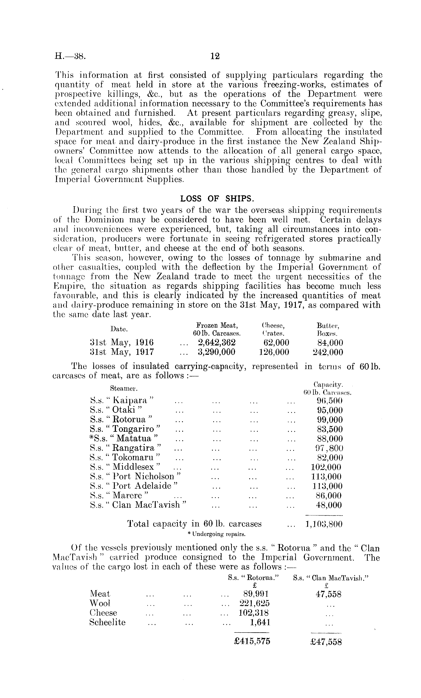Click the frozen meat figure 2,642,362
(x=217, y=343)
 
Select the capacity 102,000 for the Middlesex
(x=327, y=467)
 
